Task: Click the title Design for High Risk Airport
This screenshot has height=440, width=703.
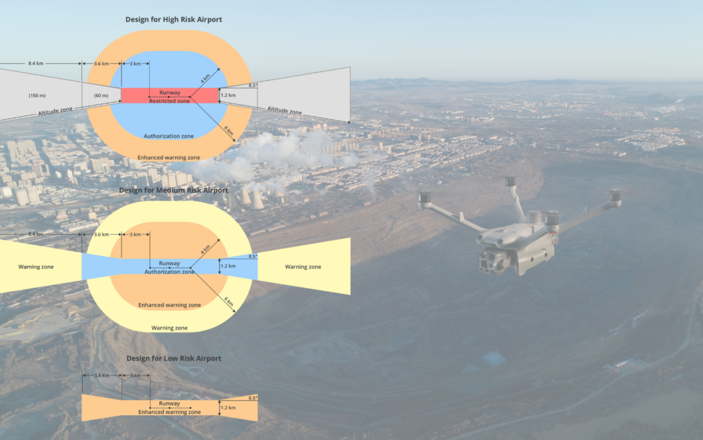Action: point(174,20)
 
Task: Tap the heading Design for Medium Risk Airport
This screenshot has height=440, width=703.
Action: point(173,190)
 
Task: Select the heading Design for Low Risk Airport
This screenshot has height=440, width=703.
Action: point(173,359)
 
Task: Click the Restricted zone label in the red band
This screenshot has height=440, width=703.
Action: point(169,101)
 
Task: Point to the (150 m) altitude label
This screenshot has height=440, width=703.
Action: point(36,96)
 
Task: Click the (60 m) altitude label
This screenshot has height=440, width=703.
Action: point(101,96)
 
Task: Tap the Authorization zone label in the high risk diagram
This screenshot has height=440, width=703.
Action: point(169,136)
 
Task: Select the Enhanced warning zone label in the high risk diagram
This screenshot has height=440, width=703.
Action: point(169,158)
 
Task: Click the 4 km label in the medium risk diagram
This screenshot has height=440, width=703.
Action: point(206,249)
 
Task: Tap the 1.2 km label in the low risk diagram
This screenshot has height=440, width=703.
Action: point(228,408)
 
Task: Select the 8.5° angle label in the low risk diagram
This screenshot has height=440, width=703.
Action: point(253,398)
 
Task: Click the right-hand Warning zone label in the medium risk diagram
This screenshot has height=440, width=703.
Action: point(303,267)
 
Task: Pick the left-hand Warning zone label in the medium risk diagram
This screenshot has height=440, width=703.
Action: point(36,267)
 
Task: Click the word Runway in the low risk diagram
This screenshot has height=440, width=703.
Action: point(169,403)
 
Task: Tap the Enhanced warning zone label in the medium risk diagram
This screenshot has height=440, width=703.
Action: point(169,305)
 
